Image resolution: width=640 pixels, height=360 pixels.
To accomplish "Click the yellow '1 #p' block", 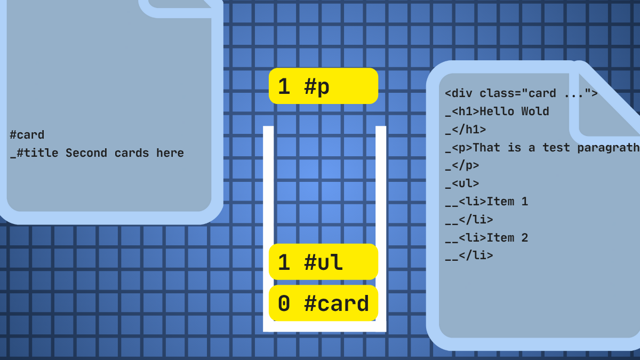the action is click(323, 86).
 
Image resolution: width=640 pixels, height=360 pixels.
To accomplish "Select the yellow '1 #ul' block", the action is click(323, 262).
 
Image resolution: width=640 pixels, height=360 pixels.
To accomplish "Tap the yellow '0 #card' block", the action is click(323, 303).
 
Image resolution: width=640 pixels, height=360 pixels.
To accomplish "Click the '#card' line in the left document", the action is click(27, 135).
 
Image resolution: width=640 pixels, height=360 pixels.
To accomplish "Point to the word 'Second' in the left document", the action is click(86, 153).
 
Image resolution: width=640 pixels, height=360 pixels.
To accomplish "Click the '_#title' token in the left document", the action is click(34, 154).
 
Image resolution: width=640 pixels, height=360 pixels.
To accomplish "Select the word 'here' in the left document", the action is click(170, 153).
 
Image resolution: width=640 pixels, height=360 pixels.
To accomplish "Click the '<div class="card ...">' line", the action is click(521, 93).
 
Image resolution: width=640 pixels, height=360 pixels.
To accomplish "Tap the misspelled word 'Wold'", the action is click(535, 111).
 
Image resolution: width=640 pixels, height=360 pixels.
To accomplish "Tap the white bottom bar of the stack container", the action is click(325, 326).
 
